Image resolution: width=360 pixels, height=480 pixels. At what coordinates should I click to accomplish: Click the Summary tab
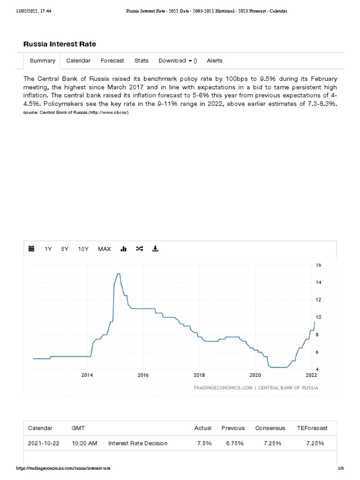tap(43, 60)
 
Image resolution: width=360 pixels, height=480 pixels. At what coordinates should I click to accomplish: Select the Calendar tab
tap(78, 60)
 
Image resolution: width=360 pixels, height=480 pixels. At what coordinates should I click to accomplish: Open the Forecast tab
tap(112, 60)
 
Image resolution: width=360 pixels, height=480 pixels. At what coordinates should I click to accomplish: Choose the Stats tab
tap(142, 60)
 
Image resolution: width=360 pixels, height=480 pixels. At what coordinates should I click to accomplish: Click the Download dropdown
tap(177, 60)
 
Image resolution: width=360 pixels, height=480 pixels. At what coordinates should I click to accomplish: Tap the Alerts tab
tap(215, 60)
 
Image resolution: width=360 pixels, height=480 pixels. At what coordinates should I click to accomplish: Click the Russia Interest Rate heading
tap(60, 44)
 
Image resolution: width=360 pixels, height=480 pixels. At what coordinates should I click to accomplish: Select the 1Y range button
tap(48, 249)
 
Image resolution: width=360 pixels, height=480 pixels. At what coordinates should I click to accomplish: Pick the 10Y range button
tap(83, 249)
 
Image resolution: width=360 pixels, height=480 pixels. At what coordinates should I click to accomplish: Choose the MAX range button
tap(105, 249)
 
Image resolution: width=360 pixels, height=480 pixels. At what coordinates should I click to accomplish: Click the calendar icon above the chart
tap(31, 249)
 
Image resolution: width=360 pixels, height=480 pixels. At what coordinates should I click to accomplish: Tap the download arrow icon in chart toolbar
tap(156, 249)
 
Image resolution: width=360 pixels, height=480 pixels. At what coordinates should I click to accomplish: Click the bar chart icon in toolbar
tap(124, 249)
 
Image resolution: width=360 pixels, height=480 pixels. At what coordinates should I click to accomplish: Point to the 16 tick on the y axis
tap(318, 265)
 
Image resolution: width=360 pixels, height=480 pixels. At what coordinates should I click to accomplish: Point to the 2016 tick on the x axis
tap(143, 375)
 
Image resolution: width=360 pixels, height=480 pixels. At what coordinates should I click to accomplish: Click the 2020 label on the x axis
tap(255, 375)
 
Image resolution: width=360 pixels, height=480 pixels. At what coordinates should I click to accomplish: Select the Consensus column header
tap(270, 428)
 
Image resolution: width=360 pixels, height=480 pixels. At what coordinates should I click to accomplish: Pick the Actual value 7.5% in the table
tap(203, 443)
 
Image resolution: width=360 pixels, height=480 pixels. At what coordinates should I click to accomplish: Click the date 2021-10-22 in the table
tap(43, 443)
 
